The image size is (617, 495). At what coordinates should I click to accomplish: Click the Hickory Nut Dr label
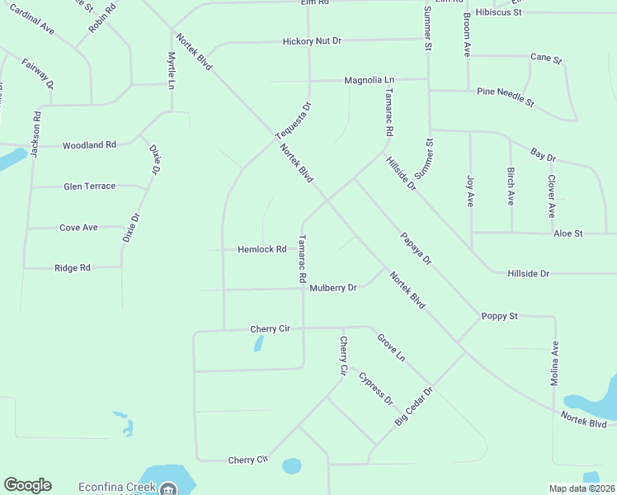point(312,40)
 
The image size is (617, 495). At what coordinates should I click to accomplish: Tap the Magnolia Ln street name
point(370,80)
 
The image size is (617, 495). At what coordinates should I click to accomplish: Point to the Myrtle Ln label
point(172,71)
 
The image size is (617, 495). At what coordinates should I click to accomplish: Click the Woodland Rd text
point(89,145)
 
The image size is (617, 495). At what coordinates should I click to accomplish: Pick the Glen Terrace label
point(89,186)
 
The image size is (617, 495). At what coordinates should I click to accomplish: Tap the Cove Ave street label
point(78,228)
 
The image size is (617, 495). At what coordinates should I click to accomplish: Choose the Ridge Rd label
point(72,268)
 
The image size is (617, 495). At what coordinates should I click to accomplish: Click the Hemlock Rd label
point(261,249)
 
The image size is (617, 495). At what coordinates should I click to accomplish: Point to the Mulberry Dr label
point(333,288)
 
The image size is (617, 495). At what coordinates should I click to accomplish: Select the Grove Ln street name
point(392,347)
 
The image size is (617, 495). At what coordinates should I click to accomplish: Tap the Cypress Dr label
point(376,388)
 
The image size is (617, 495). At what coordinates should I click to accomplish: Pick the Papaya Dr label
point(417,247)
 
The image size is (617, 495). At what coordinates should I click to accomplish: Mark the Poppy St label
point(499,316)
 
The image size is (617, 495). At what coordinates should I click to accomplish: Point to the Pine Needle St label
point(506,97)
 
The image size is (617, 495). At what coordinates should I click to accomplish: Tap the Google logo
point(27,485)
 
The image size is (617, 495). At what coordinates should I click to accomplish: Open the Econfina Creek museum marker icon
point(168,488)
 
